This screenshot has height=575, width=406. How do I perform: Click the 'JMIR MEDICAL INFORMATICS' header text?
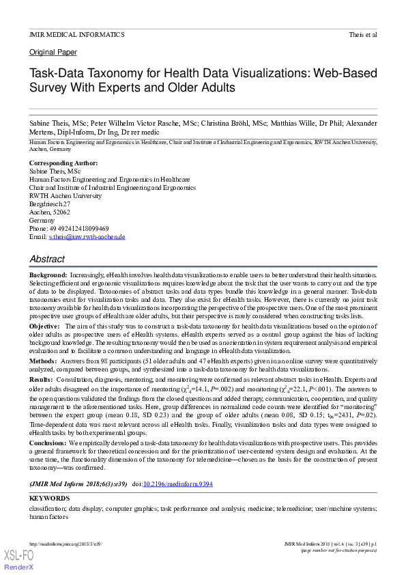(x=76, y=34)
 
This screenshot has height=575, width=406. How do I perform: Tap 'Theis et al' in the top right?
(x=363, y=34)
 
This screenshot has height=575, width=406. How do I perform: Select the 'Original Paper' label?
(x=53, y=53)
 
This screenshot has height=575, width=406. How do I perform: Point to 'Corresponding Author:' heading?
(x=63, y=163)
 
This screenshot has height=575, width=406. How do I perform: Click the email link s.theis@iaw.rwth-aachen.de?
(x=87, y=236)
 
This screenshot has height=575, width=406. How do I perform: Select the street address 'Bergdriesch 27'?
(x=50, y=204)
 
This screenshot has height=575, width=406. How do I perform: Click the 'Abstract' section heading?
(x=47, y=260)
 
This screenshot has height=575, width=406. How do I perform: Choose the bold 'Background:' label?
(x=48, y=274)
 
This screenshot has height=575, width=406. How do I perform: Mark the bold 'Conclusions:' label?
(x=48, y=443)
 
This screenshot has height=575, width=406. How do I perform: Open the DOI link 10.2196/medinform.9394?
(x=177, y=483)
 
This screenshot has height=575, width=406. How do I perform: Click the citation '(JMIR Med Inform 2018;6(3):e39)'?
(x=78, y=483)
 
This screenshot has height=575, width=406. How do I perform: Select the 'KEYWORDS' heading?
(x=49, y=499)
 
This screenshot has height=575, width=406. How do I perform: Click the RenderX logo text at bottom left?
(x=20, y=567)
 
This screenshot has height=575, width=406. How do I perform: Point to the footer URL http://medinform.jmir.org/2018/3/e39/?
(x=66, y=544)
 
